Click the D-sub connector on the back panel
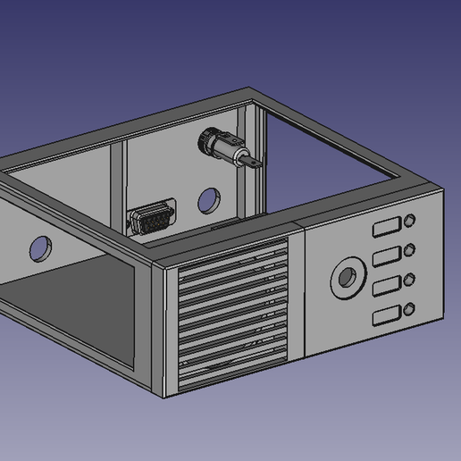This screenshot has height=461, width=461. pos(151,219)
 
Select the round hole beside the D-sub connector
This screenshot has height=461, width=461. pos(209,199)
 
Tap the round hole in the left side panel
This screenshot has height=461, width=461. pos(40,247)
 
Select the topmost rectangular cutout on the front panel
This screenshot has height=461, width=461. pos(386,228)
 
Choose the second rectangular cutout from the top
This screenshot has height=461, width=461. pos(386,257)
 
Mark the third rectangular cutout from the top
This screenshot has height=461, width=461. pos(386,287)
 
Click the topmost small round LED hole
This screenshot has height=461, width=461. pos(410,221)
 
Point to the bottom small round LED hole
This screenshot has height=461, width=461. pos(409,310)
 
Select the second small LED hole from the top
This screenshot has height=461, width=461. pos(410,250)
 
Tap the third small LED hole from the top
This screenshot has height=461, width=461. pos(410,280)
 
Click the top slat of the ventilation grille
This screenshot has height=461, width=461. pos(234,259)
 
